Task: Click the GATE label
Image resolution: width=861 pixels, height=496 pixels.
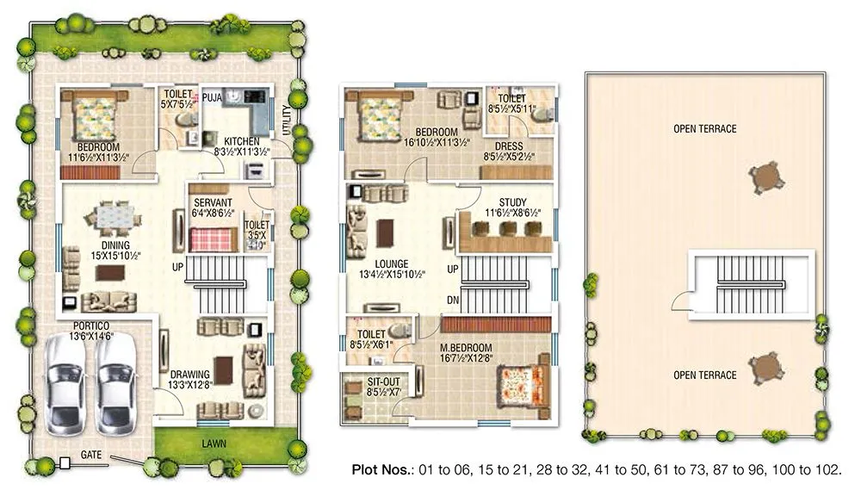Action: (92, 453)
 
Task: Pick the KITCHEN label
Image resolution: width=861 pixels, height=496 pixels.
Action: (242, 140)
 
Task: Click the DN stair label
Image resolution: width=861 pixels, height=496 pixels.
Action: (453, 299)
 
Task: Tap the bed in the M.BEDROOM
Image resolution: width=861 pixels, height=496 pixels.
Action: (520, 384)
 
